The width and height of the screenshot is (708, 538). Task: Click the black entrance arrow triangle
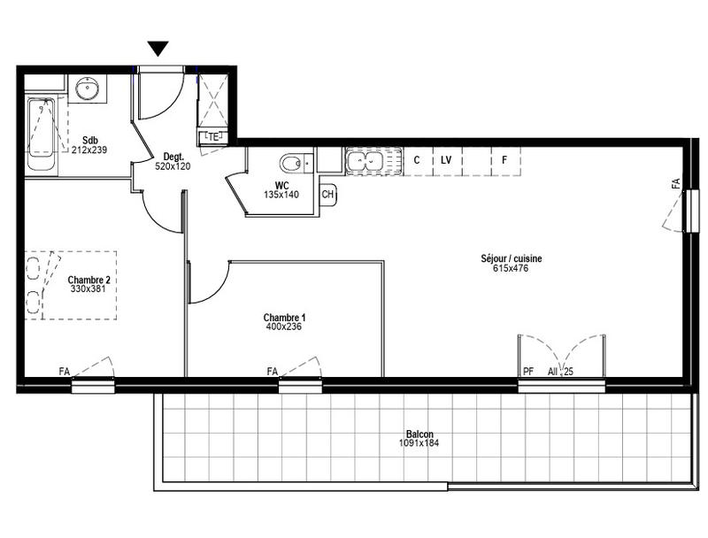(x=158, y=49)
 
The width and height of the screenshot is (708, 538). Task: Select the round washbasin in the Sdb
(x=88, y=88)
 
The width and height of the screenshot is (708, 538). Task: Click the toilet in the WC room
(x=293, y=164)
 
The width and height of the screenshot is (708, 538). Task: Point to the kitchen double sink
(x=364, y=161)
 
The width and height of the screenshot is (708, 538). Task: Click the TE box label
(x=213, y=137)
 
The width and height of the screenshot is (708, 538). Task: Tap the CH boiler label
(x=327, y=195)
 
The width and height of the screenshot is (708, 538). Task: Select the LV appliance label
(x=446, y=161)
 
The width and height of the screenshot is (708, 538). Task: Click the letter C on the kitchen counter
(x=417, y=161)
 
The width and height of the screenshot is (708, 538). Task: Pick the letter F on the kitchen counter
(x=504, y=161)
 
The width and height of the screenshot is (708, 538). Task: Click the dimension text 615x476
(x=511, y=269)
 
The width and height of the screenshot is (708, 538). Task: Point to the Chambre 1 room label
(x=285, y=317)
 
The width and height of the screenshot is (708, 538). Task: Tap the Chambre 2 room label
(x=88, y=280)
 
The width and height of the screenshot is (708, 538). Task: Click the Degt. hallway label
(x=173, y=156)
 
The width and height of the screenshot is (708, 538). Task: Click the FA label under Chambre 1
(x=273, y=371)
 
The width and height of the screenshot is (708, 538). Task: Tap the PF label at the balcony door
(x=528, y=371)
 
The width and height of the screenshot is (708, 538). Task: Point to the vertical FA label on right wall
(x=676, y=184)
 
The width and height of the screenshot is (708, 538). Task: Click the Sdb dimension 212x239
(x=88, y=150)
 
